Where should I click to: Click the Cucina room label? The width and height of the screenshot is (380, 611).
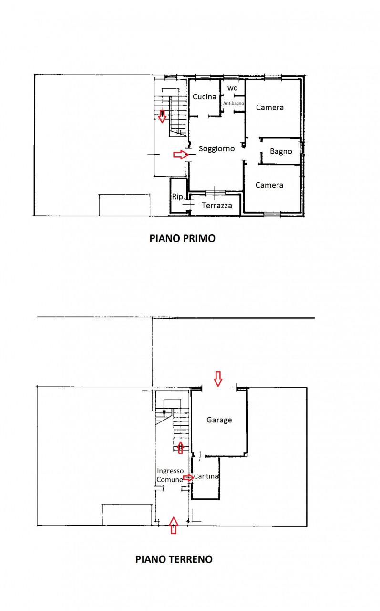tap(204, 97)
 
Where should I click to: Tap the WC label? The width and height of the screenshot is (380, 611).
tap(232, 88)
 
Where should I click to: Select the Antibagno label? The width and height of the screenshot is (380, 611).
tap(234, 103)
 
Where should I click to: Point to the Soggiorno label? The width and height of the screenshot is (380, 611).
tap(216, 149)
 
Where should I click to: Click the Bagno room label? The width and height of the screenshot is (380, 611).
tap(281, 151)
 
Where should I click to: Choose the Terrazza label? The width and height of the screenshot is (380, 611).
tap(217, 205)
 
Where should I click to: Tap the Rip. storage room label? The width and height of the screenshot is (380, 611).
tap(178, 197)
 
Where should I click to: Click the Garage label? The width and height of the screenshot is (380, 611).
tap(219, 420)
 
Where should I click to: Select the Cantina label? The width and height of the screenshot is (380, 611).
tap(206, 476)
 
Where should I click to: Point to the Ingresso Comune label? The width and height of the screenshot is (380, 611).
tap(170, 475)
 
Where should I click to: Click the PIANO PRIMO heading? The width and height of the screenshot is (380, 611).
tap(182, 238)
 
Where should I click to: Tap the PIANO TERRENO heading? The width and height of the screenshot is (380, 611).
tap(174, 559)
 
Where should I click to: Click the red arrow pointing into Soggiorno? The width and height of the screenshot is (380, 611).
tap(181, 155)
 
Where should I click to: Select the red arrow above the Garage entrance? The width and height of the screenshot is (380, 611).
tap(218, 379)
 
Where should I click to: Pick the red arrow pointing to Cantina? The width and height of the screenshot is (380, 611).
tap(188, 478)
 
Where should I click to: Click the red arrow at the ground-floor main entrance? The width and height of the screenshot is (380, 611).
tap(174, 526)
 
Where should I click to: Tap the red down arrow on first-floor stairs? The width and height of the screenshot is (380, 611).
tap(163, 116)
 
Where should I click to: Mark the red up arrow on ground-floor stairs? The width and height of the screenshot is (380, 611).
tap(180, 448)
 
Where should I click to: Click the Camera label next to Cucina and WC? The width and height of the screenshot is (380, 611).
tap(270, 108)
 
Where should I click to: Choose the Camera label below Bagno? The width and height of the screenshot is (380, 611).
tap(269, 185)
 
